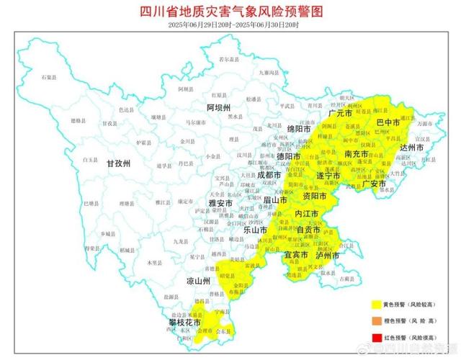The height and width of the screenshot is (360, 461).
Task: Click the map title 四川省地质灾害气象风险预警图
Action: pyautogui.click(x=230, y=12)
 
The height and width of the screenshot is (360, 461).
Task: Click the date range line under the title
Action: pyautogui.click(x=230, y=25)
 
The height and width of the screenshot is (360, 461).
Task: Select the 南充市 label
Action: pyautogui.click(x=357, y=155)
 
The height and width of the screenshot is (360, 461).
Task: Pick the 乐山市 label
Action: pyautogui.click(x=254, y=230)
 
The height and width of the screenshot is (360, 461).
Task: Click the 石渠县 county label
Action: pyautogui.click(x=49, y=76)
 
